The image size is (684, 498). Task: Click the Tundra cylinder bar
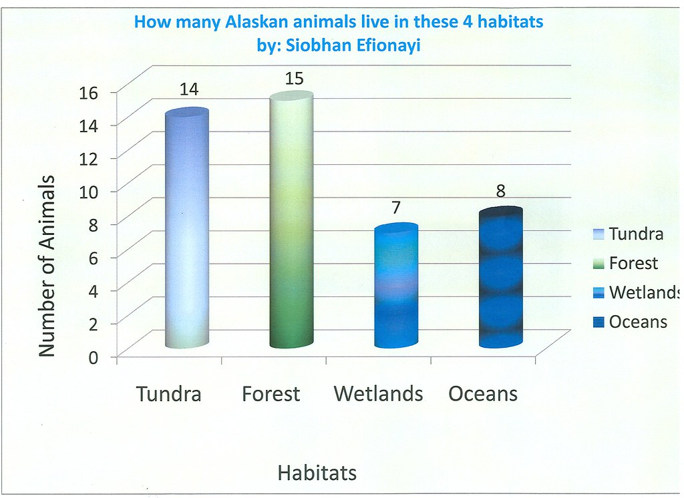[x=187, y=228]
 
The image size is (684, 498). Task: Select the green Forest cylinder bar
[x=291, y=220]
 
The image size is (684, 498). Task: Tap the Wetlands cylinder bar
[x=396, y=286]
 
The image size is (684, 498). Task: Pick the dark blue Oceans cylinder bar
[x=501, y=277]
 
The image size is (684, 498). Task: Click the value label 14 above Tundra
[x=189, y=89]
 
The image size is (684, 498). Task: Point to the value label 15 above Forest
[x=294, y=79]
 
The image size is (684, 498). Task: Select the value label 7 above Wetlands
[x=395, y=208]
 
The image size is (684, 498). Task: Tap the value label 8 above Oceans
[x=500, y=191]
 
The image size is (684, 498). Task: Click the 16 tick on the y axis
[x=89, y=92]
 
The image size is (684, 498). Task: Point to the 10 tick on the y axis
[x=89, y=192]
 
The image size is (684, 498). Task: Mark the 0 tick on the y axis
[x=94, y=357]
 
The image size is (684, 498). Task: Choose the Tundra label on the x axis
[x=169, y=394]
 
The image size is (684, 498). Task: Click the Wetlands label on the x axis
[x=378, y=394]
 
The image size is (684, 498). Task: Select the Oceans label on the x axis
[x=483, y=394]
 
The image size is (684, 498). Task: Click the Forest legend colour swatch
[x=598, y=264]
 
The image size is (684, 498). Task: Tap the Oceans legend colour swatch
[x=598, y=322]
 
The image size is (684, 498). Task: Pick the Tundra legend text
[x=636, y=234]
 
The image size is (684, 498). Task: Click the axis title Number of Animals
[x=47, y=266]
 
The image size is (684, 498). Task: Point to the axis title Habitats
[x=317, y=473]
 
